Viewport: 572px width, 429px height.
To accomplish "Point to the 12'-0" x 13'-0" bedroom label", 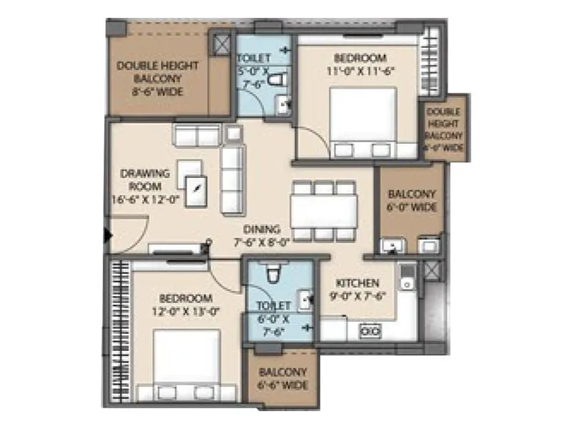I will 185,304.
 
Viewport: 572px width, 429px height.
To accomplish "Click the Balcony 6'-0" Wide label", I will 411,200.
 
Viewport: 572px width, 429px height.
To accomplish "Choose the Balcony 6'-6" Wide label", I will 283,378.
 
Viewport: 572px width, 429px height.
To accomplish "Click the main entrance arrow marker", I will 107,235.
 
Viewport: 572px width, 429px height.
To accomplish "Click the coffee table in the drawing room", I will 194,189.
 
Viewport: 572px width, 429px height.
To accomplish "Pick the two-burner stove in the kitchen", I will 370,330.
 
